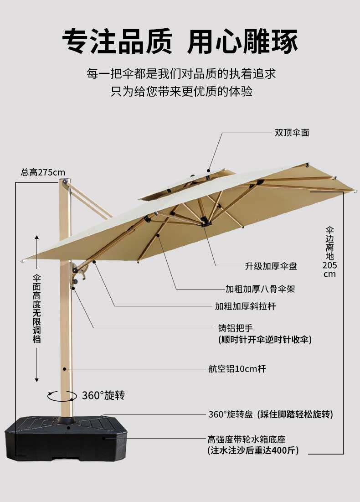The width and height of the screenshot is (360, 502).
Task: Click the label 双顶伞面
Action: (292, 133)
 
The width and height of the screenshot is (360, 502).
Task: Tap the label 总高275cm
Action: (43, 172)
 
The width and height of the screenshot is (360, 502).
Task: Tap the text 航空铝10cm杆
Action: (237, 368)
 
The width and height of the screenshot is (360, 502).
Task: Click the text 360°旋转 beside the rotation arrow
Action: (103, 395)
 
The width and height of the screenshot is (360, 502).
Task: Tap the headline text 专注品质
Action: (117, 41)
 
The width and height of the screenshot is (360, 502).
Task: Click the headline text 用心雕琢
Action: (242, 41)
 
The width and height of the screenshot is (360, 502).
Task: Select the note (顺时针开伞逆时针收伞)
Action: (265, 340)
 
